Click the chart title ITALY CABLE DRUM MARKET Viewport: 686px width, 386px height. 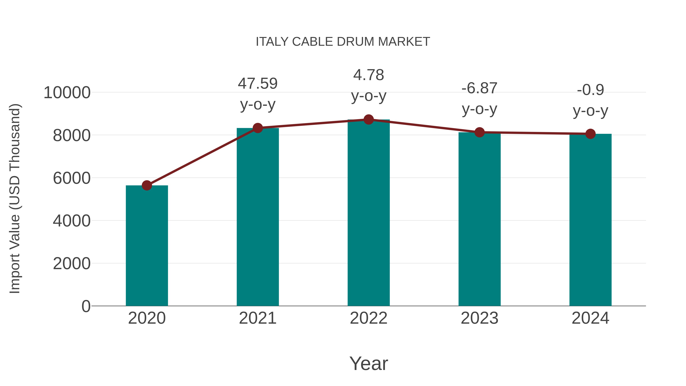pos(343,42)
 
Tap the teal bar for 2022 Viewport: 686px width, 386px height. pos(369,213)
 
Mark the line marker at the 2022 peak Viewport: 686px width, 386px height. pos(369,120)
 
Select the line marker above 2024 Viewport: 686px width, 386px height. pos(590,134)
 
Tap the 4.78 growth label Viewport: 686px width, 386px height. pos(369,75)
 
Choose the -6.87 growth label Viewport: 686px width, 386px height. pos(479,88)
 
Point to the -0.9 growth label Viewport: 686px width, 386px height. pos(590,90)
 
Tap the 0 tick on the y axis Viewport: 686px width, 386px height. pos(86,306)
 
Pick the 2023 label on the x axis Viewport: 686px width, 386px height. pos(479,318)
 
